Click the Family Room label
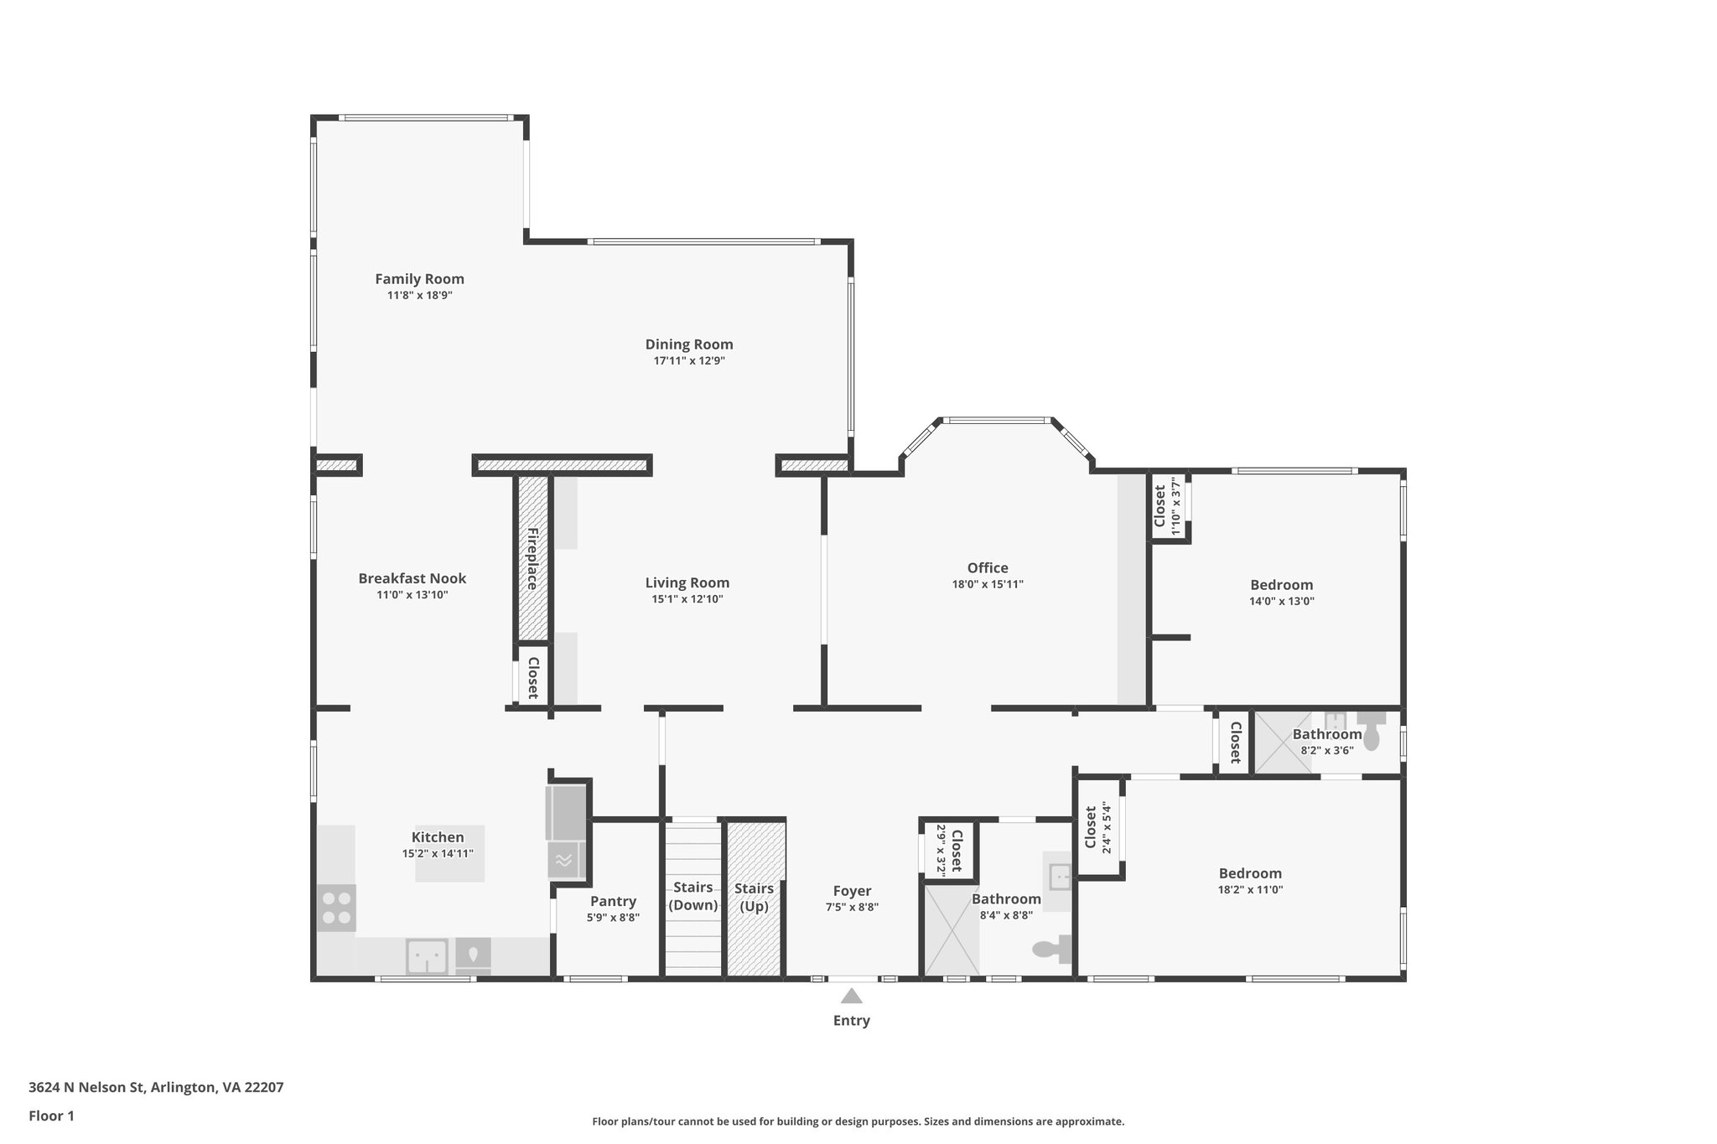pyautogui.click(x=419, y=279)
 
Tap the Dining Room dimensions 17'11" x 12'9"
pyautogui.click(x=688, y=361)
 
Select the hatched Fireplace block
pyautogui.click(x=532, y=558)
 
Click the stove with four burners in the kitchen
pyautogui.click(x=336, y=908)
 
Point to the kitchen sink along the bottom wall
pyautogui.click(x=426, y=955)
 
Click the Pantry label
pyautogui.click(x=613, y=901)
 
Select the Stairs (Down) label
pyautogui.click(x=693, y=896)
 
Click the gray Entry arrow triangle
pyautogui.click(x=851, y=996)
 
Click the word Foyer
pyautogui.click(x=852, y=891)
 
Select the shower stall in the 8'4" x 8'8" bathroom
pyautogui.click(x=951, y=931)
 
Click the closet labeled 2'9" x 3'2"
pyautogui.click(x=949, y=850)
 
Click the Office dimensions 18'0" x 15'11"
pyautogui.click(x=987, y=584)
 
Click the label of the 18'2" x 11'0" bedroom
pyautogui.click(x=1250, y=873)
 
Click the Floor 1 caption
pyautogui.click(x=51, y=1116)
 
